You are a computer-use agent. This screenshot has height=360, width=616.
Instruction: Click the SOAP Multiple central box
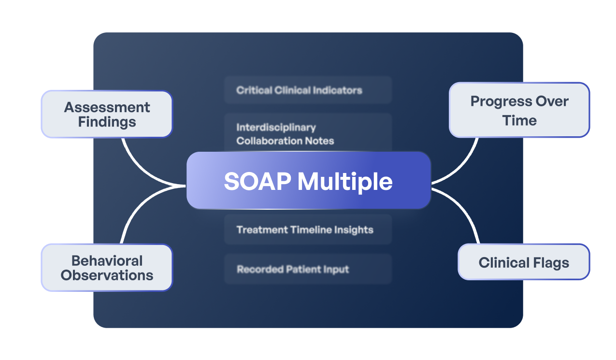[308, 180]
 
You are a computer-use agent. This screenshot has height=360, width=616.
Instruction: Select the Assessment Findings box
[107, 114]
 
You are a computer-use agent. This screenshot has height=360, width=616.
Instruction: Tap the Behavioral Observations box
[107, 268]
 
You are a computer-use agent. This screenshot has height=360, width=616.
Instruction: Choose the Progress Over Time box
[519, 110]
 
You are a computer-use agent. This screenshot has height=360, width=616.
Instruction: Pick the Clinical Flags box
[524, 262]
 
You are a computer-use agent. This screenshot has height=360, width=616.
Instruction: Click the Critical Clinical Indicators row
[308, 90]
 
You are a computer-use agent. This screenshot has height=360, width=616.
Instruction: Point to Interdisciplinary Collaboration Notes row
[308, 134]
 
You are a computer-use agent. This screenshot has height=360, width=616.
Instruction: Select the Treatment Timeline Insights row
[308, 230]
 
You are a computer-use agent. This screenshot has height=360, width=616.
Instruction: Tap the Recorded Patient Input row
[308, 269]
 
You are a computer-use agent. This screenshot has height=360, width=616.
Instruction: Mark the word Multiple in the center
[344, 181]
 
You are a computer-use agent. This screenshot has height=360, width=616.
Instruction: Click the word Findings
[107, 122]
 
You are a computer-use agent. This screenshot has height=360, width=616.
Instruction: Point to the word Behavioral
[107, 260]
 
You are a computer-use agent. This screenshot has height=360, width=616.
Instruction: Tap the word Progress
[499, 101]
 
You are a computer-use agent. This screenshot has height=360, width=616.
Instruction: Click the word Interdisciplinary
[276, 128]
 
